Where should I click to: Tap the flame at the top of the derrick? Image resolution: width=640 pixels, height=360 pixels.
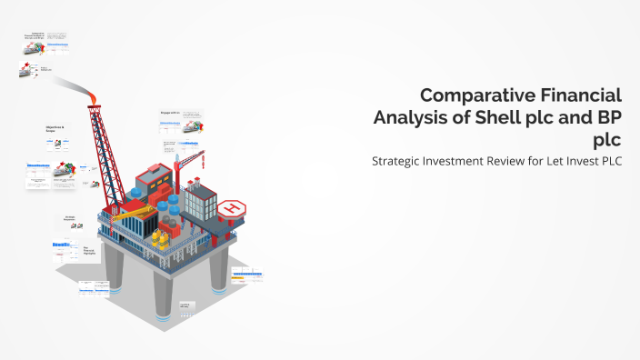[94, 97]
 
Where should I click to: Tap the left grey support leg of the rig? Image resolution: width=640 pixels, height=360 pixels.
[114, 269]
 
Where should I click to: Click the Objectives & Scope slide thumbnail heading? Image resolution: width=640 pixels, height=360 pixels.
[56, 129]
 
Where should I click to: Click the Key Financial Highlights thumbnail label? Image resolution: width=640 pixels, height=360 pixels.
[90, 251]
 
